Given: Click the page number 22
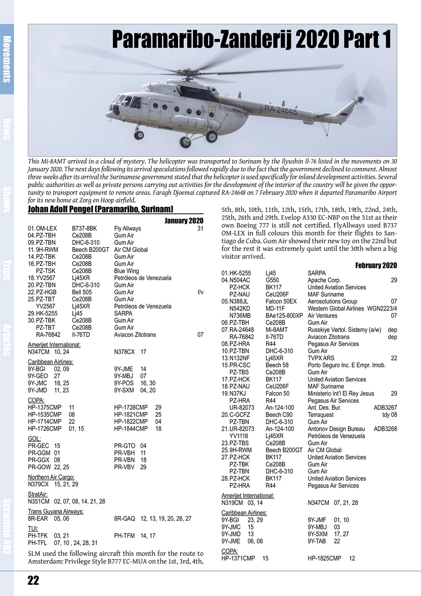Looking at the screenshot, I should point(33,580).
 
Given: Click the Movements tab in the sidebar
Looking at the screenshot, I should point(7,59).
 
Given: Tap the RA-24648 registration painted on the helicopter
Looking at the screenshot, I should point(280,110).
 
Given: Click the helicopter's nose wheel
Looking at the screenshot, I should point(139,135).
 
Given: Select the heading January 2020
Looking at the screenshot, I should point(184,221).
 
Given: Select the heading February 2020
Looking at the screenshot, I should point(376,265).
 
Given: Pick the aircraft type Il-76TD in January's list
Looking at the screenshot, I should point(81,335).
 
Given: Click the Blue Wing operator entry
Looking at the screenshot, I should point(127,271).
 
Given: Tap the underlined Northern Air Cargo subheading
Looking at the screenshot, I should point(51,477).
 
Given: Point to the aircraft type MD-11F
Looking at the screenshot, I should point(276,309).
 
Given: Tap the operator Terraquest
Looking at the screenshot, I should point(321,415).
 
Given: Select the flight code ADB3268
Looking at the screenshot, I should point(385,429).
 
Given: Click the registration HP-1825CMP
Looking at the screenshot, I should point(324,558).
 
